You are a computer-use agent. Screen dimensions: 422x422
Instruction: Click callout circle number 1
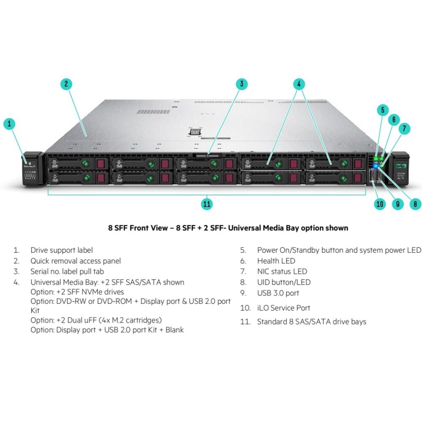click(10, 124)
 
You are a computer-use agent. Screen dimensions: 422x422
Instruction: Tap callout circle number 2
click(66, 84)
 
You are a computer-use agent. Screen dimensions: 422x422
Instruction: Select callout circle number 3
click(241, 84)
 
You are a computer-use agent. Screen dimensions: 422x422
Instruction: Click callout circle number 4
click(299, 84)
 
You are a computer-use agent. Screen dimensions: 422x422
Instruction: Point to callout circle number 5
click(382, 111)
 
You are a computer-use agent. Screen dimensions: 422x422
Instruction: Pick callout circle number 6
click(394, 119)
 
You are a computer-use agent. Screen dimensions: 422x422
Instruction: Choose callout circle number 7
click(404, 128)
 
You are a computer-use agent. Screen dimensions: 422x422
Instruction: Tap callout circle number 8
click(415, 204)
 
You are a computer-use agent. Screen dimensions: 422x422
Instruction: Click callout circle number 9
click(398, 204)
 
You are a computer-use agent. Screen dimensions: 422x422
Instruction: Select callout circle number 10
click(380, 204)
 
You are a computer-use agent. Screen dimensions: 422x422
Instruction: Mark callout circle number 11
click(206, 204)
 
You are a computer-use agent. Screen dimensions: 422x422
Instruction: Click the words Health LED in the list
click(276, 261)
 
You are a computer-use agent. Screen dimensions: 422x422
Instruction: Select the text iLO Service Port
click(284, 308)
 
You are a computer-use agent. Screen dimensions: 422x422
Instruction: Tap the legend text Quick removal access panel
click(76, 261)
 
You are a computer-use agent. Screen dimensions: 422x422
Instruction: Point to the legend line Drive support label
click(62, 250)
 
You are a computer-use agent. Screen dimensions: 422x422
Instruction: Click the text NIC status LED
click(282, 271)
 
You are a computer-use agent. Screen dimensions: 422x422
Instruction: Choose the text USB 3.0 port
click(278, 293)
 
